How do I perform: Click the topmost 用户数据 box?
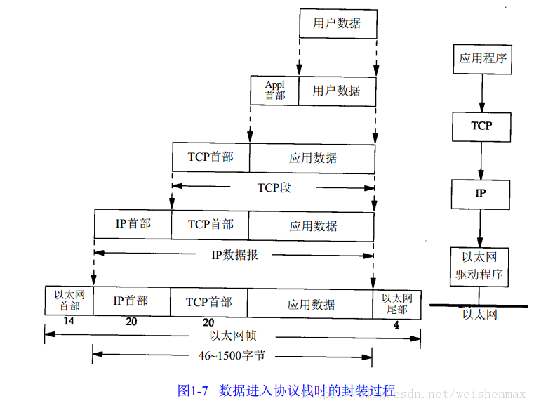(x=338, y=23)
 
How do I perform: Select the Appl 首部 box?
(x=274, y=91)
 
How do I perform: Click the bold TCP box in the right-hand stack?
(x=481, y=126)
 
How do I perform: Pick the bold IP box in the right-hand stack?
(x=481, y=193)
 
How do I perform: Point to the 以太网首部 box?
(x=69, y=301)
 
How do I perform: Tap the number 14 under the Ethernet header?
(x=69, y=321)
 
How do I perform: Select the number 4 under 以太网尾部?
(x=397, y=324)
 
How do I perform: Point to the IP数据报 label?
(x=235, y=255)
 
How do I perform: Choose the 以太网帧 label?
(x=231, y=336)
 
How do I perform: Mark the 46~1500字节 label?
(x=232, y=355)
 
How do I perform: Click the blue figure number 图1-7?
(x=193, y=390)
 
